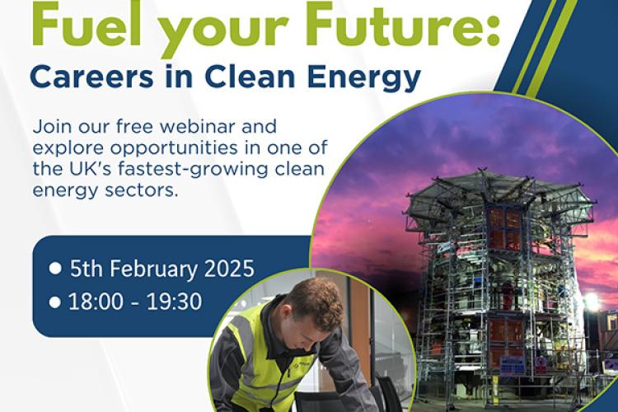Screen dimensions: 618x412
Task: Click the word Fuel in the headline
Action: point(86,23)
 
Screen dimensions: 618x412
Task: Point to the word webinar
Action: point(196,127)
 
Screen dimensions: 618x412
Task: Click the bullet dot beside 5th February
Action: point(55,269)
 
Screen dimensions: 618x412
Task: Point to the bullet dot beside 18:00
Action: point(54,302)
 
